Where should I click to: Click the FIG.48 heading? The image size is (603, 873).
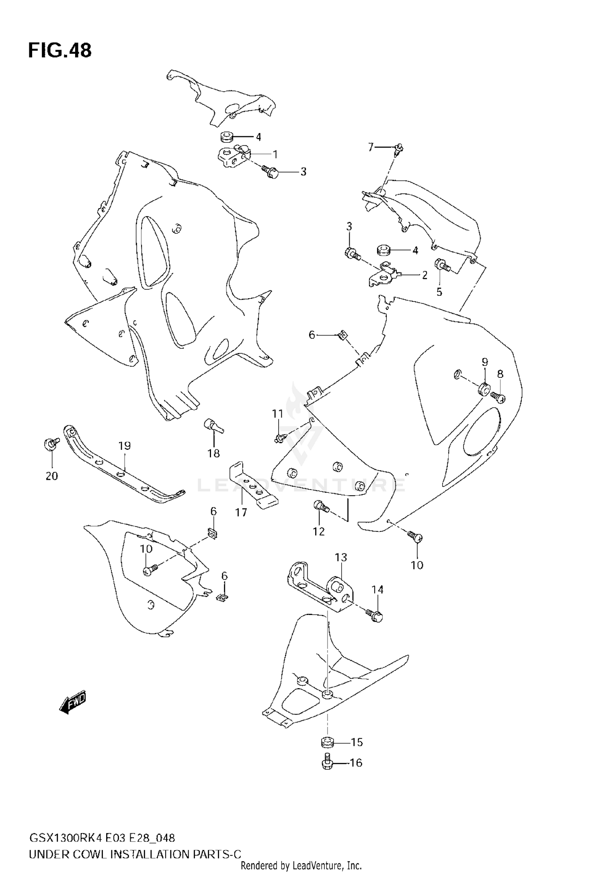click(x=60, y=51)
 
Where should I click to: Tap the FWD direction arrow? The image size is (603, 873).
click(x=73, y=702)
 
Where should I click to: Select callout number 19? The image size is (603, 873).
click(x=125, y=446)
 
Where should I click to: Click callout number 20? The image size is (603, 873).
click(x=52, y=476)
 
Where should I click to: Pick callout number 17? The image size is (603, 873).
click(x=241, y=512)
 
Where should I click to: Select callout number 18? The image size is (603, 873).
click(x=213, y=453)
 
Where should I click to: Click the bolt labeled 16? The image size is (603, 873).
click(x=326, y=762)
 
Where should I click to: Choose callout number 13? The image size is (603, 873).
click(x=341, y=557)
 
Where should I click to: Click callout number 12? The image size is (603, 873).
click(x=319, y=531)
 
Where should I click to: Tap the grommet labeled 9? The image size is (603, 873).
click(x=484, y=389)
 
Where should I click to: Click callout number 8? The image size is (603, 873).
click(x=500, y=374)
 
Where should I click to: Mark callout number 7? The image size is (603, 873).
click(x=371, y=148)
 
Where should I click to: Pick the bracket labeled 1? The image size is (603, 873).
click(x=233, y=157)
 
